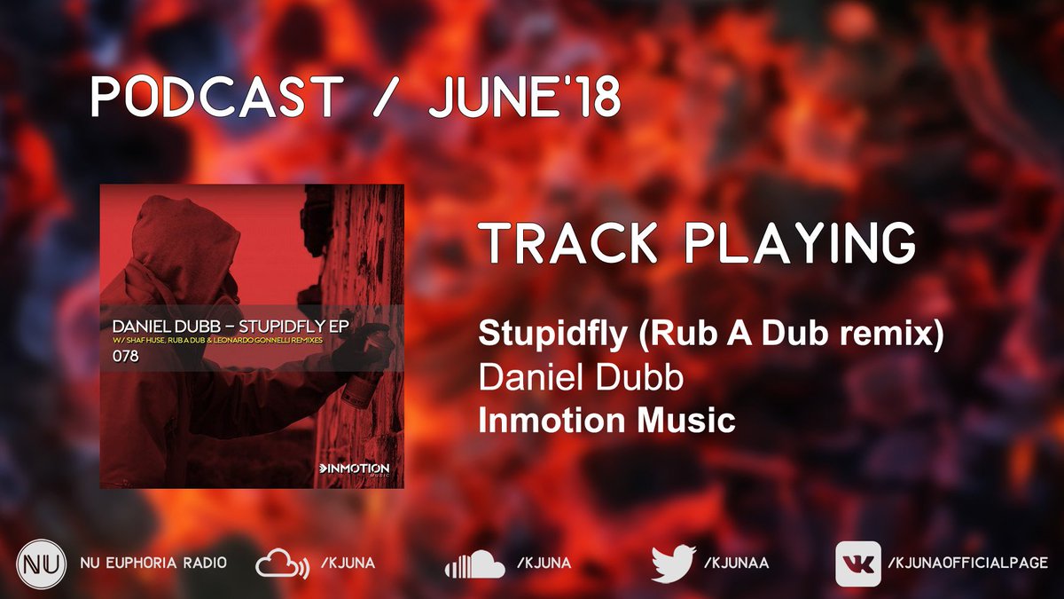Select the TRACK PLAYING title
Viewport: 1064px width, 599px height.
click(x=696, y=244)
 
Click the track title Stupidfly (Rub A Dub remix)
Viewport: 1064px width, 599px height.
click(x=709, y=335)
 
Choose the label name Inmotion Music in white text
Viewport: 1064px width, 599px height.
click(x=606, y=421)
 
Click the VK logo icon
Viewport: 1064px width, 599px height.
click(x=857, y=564)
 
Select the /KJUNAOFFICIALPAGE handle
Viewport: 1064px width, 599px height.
click(x=967, y=564)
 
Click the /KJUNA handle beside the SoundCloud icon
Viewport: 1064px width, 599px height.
click(x=542, y=564)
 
